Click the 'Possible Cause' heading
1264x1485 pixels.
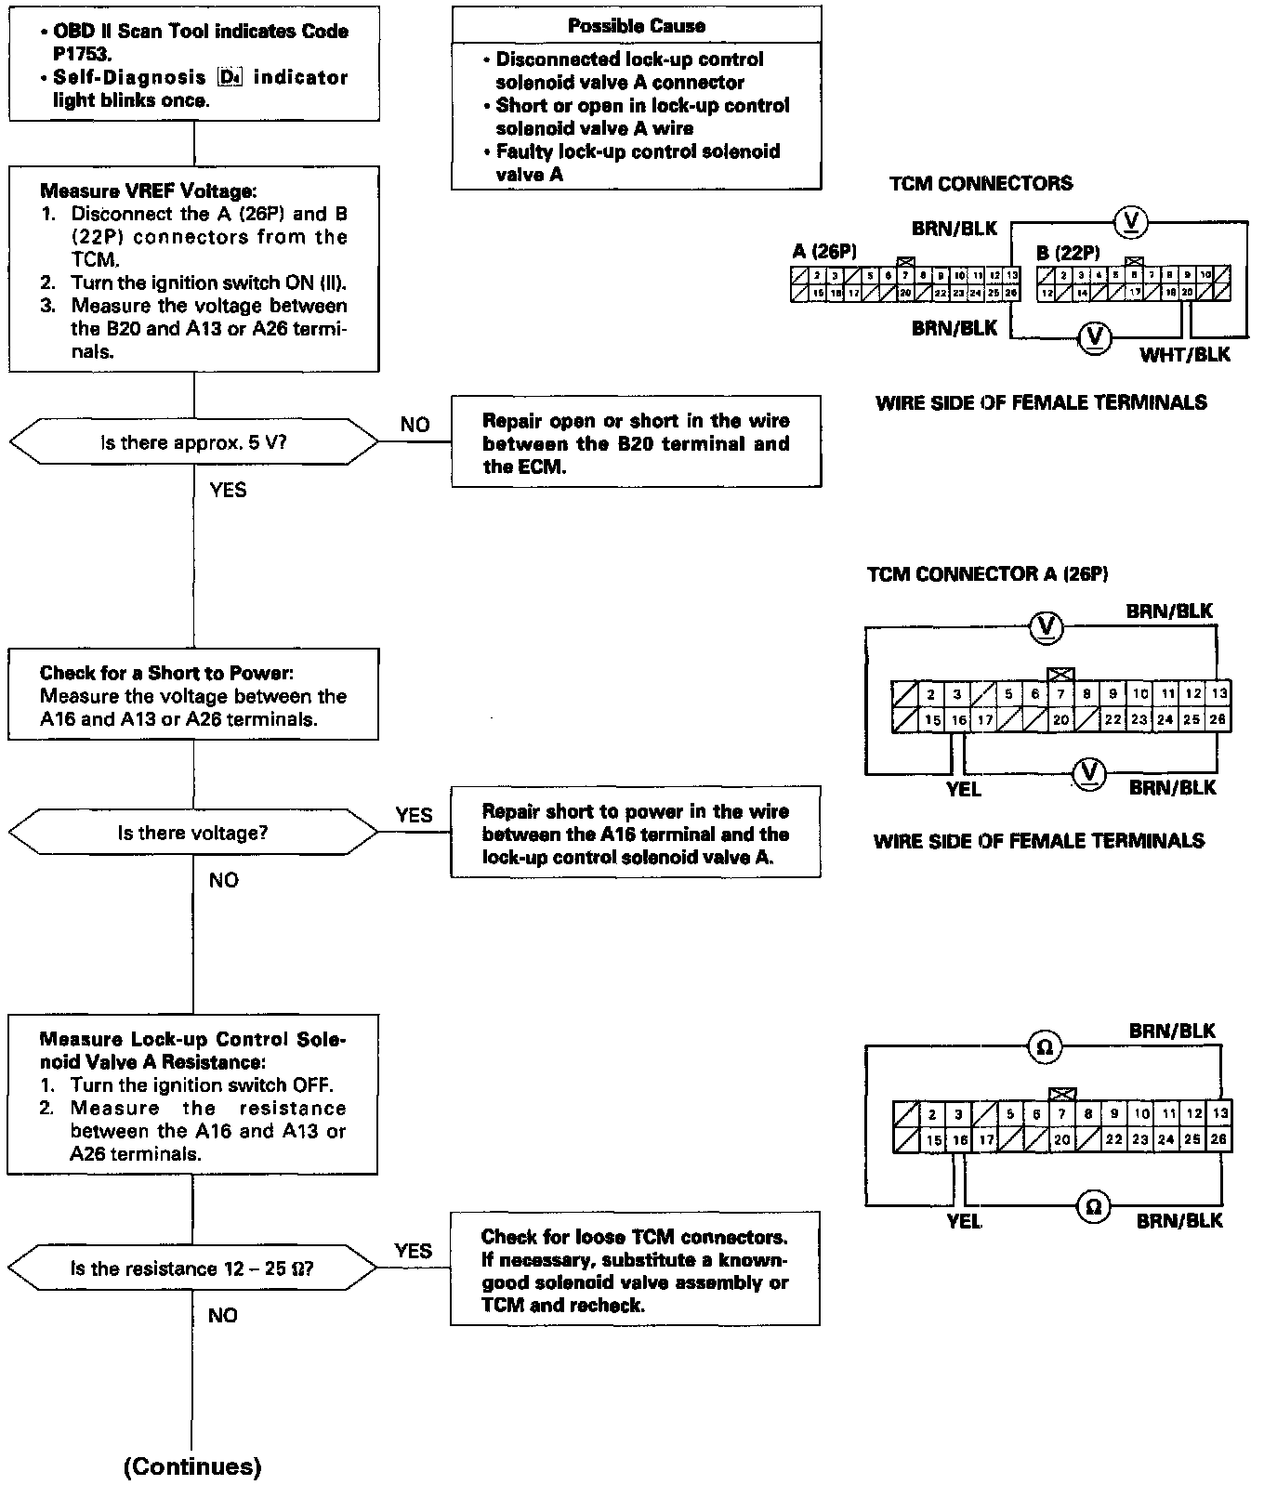pos(636,26)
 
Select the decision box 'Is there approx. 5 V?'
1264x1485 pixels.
pos(193,442)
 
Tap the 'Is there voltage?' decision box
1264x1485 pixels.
pos(193,833)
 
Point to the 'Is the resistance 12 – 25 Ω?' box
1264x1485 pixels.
pos(192,1268)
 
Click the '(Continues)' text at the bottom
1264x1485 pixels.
pos(192,1466)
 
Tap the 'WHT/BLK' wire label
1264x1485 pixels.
pos(1184,354)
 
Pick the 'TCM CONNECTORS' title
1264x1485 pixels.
pos(981,183)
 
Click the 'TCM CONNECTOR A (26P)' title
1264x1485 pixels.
pos(987,574)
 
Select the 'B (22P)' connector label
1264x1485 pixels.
pos(1068,252)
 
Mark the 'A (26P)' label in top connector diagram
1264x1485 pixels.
pos(824,251)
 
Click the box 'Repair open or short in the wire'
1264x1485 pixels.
pos(636,443)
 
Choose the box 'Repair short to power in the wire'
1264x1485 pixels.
pos(636,834)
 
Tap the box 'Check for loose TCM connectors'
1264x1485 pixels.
pos(635,1270)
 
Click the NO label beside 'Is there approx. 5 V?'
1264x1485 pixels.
pos(415,425)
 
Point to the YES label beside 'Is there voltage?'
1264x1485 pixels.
pos(414,815)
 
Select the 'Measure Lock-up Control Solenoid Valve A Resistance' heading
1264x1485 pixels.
pos(192,1050)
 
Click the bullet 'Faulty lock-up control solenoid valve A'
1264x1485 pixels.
pos(637,163)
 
